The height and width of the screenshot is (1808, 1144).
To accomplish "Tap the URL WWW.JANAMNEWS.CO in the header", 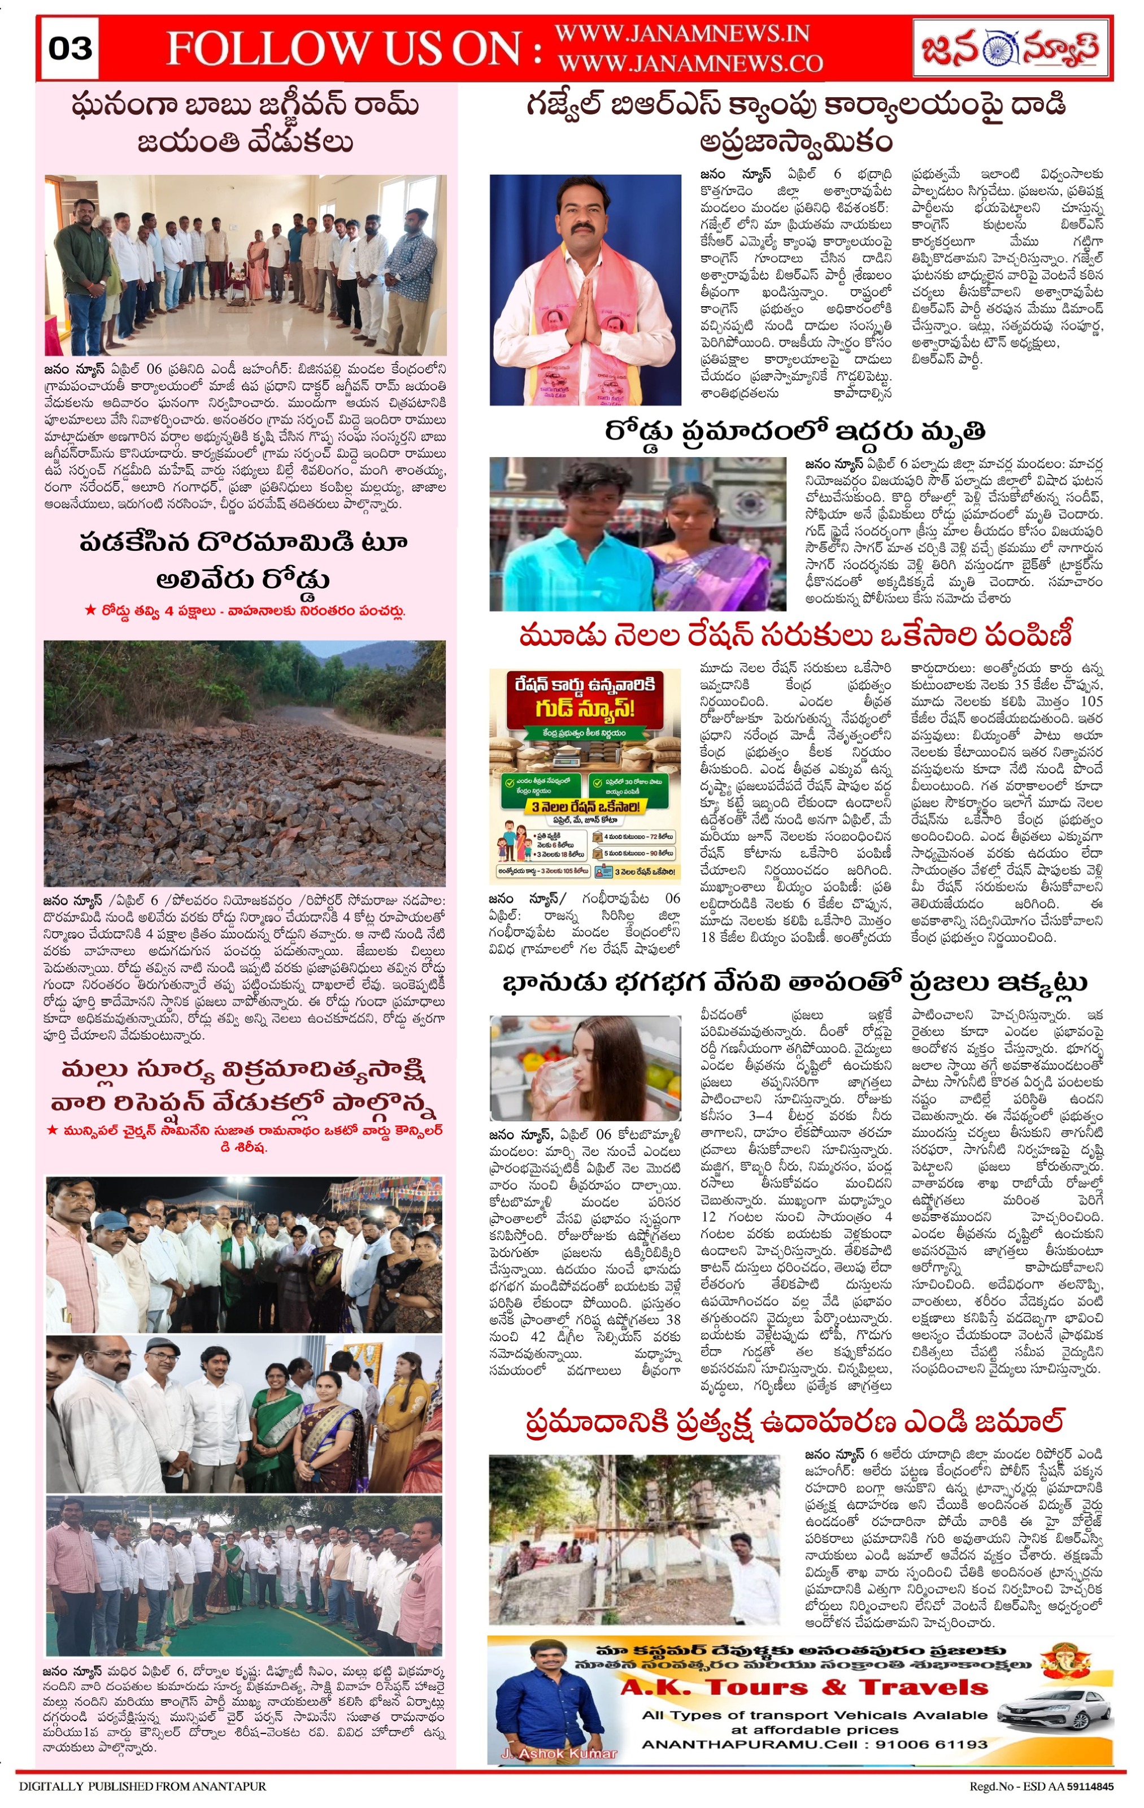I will pyautogui.click(x=690, y=64).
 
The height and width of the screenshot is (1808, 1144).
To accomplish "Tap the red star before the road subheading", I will pyautogui.click(x=89, y=611).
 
